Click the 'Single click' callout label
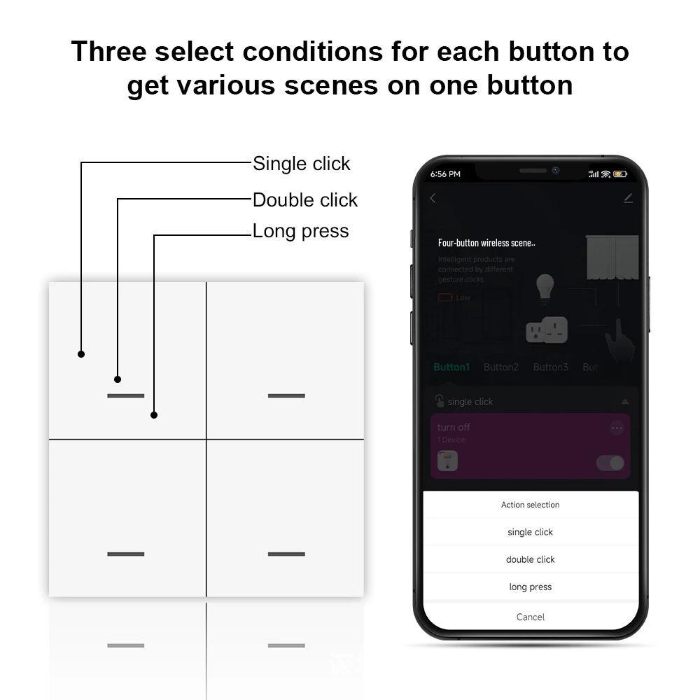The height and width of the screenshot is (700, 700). pos(301,164)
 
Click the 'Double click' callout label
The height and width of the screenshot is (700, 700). pos(304,200)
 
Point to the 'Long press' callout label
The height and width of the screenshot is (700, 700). pos(300,231)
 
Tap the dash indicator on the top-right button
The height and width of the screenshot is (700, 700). pos(286,395)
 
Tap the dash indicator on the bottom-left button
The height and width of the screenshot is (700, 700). pos(126,554)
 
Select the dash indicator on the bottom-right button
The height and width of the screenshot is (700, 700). pos(286,554)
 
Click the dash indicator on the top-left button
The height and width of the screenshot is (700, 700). pos(126,395)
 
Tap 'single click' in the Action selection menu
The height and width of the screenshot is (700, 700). pos(530,532)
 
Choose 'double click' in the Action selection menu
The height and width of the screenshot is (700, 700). pos(530,559)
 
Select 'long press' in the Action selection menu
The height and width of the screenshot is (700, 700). pos(530,587)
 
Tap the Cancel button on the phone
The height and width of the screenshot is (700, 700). pos(530,617)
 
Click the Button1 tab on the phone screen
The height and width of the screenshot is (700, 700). pos(451,367)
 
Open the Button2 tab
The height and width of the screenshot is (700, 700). pos(501,367)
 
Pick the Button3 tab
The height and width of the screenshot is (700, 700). pos(551,367)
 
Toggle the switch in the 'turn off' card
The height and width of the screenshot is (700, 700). pos(610,463)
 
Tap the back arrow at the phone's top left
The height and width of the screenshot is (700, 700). pos(433,198)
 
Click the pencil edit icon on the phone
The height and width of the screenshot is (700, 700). pos(628,198)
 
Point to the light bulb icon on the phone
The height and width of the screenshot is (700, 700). pos(545,287)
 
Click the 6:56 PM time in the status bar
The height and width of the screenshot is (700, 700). pos(445,174)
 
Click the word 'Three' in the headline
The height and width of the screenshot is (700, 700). pos(108,51)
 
